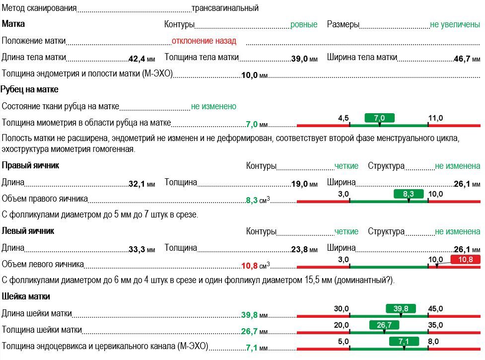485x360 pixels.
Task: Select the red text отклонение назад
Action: coord(204,41)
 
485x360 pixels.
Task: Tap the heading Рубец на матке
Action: coord(29,89)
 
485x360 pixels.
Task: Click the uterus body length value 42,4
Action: coord(137,59)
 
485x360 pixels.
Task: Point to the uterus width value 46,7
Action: coord(462,59)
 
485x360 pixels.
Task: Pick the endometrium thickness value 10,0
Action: coord(249,75)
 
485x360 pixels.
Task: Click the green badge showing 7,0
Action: coord(379,118)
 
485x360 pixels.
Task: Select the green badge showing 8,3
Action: coord(408,194)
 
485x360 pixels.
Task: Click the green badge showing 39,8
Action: coord(401,308)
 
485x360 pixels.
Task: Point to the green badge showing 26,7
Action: coord(384,325)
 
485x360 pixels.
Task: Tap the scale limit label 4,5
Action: coord(343,118)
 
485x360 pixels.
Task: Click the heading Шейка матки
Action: coord(26,296)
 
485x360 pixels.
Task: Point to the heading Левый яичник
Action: coord(28,231)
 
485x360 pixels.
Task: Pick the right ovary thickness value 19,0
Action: coord(299,184)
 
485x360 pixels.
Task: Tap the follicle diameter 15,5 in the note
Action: coord(312,280)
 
